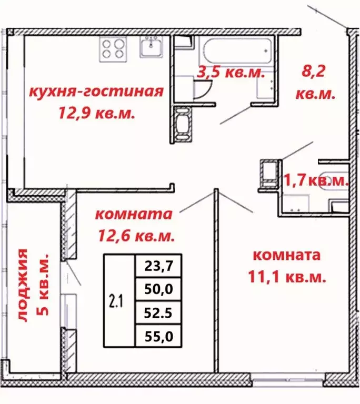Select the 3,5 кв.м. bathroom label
point(229,73)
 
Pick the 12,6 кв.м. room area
point(136,235)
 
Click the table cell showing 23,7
point(158,266)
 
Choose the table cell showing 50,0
point(158,289)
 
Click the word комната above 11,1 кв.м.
point(287,256)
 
